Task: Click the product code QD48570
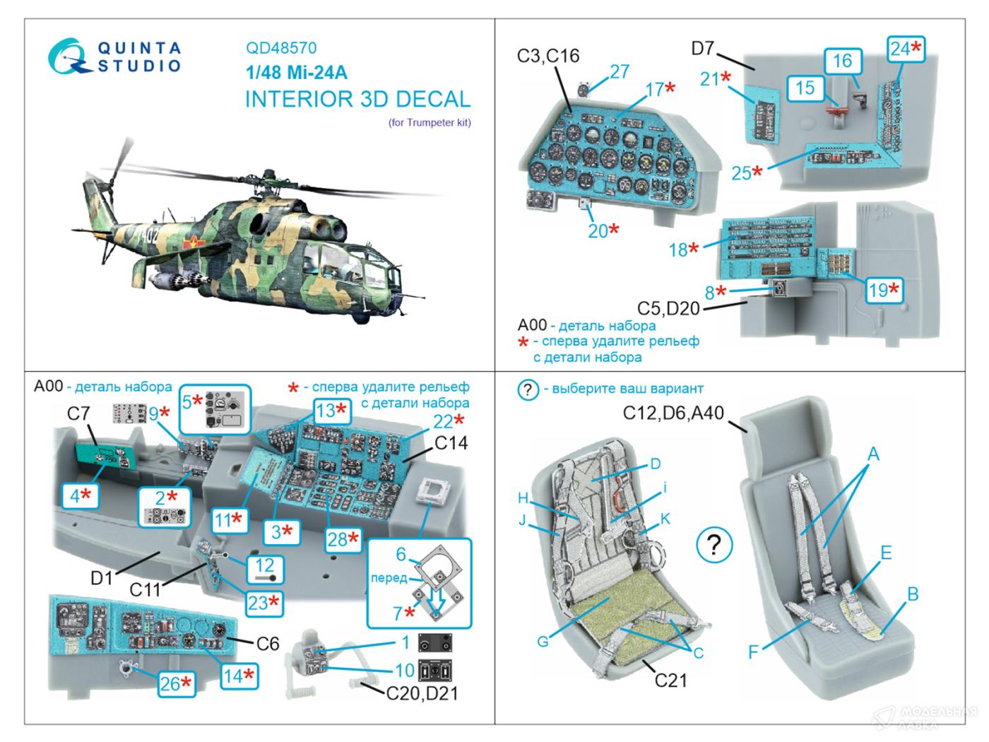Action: point(281,48)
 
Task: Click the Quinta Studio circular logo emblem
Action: point(68,57)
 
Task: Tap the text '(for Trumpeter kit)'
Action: point(430,122)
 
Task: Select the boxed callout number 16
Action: point(843,61)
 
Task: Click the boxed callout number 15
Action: point(805,88)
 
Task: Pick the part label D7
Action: point(702,48)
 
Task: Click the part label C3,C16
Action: point(548,56)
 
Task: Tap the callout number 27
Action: point(620,71)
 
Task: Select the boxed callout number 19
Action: point(884,290)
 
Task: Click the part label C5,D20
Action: point(668,309)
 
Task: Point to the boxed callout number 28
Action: point(343,538)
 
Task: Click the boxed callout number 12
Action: point(264,569)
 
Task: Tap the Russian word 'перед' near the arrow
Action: point(389,578)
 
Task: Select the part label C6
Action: point(268,643)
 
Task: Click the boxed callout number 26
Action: point(176,684)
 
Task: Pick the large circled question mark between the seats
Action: point(714,545)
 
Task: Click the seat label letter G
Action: point(543,641)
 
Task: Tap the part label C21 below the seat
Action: point(671,681)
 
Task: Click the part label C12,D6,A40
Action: point(673,413)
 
